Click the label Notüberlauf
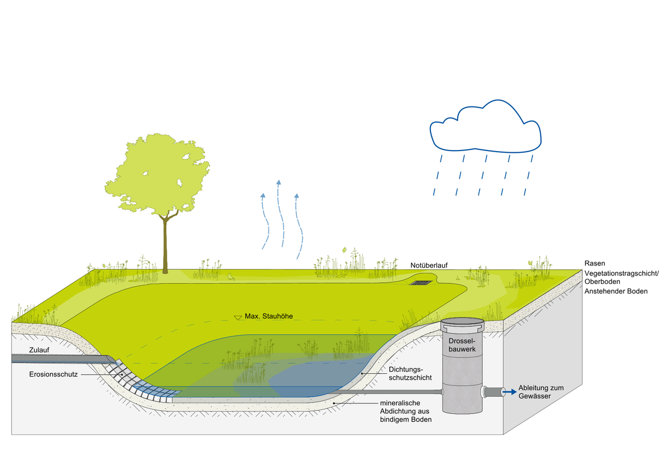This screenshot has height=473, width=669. (429, 265)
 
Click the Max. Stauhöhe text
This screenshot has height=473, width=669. (269, 317)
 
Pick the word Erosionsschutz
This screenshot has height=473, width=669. (54, 374)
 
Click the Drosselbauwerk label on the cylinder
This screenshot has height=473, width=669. (461, 344)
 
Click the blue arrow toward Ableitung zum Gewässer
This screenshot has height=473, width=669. (508, 392)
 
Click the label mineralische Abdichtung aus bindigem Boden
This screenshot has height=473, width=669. (405, 411)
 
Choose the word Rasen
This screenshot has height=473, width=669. (595, 263)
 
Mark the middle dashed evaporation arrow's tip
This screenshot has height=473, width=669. (279, 182)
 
